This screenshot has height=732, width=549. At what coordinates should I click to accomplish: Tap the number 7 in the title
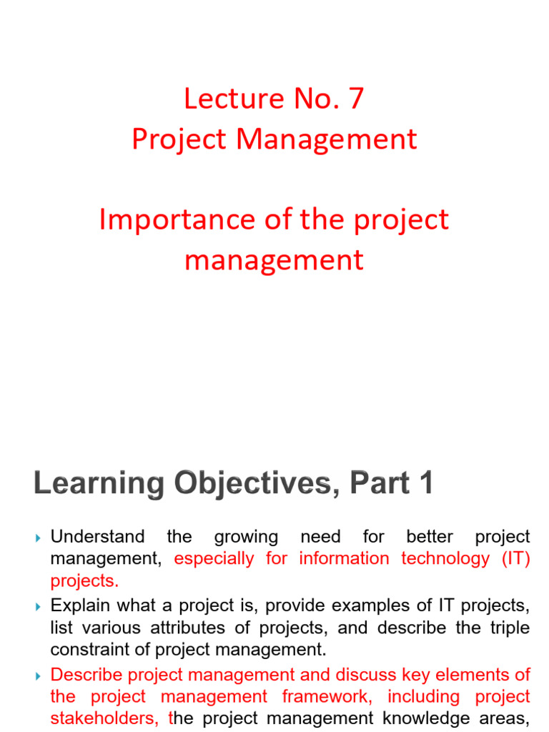tap(355, 99)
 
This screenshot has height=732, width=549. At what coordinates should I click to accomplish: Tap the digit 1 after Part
tap(425, 485)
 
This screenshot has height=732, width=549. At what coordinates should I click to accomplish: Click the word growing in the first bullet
tap(246, 537)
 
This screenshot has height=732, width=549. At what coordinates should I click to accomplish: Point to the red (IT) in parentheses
tap(516, 558)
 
